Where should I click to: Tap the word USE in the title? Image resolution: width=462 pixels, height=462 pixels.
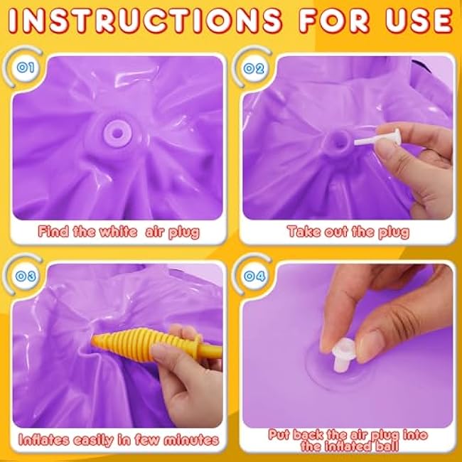[x=419, y=21]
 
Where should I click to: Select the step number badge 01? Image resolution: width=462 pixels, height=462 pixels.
[x=26, y=68]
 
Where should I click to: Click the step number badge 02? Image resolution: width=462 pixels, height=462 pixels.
[x=254, y=69]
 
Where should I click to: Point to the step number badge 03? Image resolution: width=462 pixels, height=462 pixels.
[x=26, y=276]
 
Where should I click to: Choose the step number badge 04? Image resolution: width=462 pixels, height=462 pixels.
[x=254, y=276]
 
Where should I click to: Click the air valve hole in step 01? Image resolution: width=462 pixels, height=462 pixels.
[x=118, y=133]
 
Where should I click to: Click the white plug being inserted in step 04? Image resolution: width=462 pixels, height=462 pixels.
[x=344, y=355]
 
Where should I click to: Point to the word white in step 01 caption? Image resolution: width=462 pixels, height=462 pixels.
[x=118, y=231]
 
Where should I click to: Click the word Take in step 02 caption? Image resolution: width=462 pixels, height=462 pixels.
[x=303, y=231]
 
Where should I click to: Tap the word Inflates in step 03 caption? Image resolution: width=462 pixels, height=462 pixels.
[x=43, y=440]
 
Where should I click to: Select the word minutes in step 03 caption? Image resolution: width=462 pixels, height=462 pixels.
[x=191, y=440]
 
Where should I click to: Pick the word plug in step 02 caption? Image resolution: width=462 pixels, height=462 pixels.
[x=394, y=232]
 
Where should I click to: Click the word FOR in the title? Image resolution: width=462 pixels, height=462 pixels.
[x=334, y=21]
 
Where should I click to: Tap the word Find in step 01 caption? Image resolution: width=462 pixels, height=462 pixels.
[x=53, y=231]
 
